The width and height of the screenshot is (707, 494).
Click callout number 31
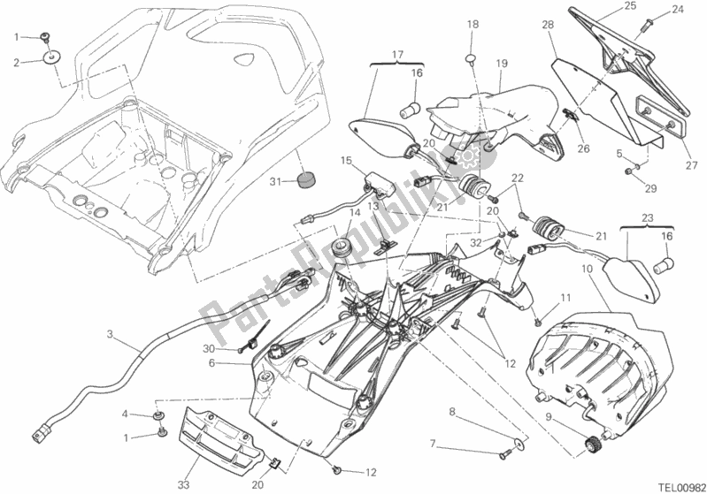click(275, 183)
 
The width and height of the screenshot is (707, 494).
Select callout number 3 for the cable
click(109, 334)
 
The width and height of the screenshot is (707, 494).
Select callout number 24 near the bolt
click(678, 11)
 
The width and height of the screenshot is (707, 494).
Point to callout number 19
click(501, 64)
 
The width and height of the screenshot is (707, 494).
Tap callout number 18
click(473, 24)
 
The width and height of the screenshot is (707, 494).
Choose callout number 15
click(347, 161)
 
